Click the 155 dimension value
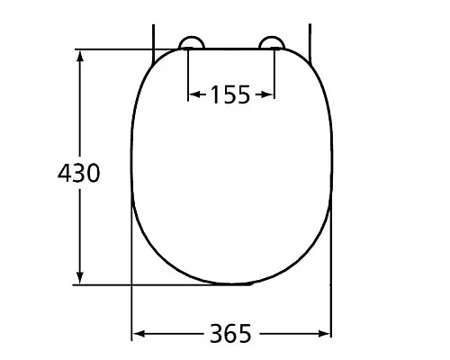tap(230, 94)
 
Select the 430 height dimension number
tap(78, 173)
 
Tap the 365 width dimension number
tap(230, 334)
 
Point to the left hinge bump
tap(192, 43)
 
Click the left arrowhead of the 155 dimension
tap(192, 94)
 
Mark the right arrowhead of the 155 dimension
tap(269, 94)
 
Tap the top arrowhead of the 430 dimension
tap(81, 56)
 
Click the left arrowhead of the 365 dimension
tap(138, 335)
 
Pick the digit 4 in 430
tap(64, 173)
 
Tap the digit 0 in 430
tap(93, 173)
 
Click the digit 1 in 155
tap(216, 94)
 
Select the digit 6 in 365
tap(230, 334)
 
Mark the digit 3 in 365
tap(217, 334)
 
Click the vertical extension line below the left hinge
tap(187, 72)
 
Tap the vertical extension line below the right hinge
tap(274, 72)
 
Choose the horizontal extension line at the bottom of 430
tap(135, 286)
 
